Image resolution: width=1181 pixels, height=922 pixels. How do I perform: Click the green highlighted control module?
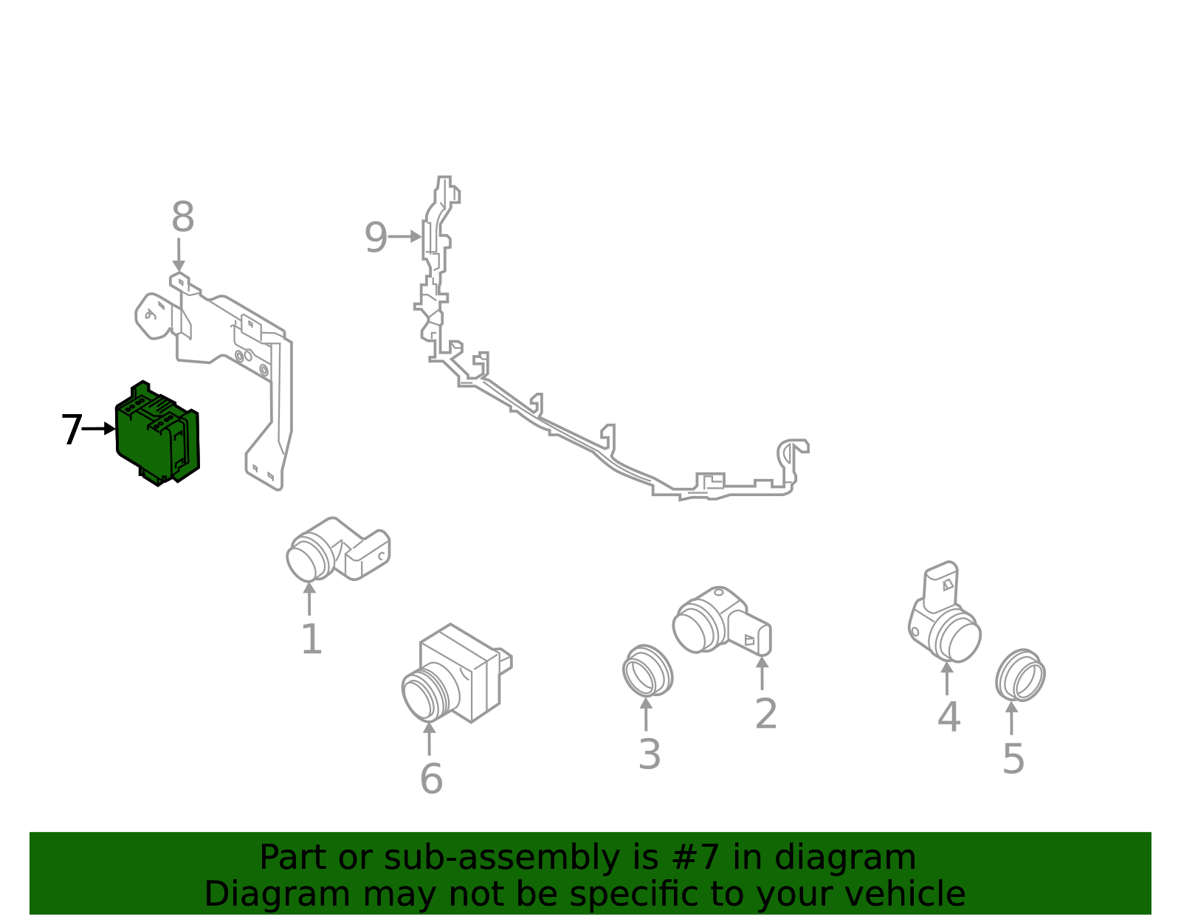click(x=156, y=434)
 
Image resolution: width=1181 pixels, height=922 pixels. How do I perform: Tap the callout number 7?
click(x=71, y=430)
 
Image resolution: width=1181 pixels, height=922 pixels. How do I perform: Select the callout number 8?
click(x=182, y=218)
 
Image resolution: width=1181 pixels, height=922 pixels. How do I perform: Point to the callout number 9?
click(x=376, y=238)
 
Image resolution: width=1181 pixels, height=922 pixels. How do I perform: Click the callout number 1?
click(x=311, y=639)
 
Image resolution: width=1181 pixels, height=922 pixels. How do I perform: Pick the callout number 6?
click(x=431, y=779)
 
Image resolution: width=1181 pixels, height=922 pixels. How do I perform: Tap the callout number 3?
click(x=650, y=754)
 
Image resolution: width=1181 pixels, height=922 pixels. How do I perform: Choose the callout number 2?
click(x=766, y=714)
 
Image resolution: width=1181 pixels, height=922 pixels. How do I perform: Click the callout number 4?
click(x=948, y=716)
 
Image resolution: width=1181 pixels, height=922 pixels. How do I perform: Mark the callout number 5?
click(x=1013, y=759)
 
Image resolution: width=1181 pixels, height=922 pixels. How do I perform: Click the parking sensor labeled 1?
click(x=336, y=550)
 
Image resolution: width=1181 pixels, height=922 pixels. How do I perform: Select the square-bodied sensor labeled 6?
click(x=454, y=673)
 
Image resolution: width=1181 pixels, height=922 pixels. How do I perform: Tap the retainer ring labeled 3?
click(x=647, y=670)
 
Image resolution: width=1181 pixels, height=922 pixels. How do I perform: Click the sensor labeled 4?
click(x=945, y=616)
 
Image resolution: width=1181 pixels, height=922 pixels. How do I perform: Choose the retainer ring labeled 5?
click(x=1020, y=675)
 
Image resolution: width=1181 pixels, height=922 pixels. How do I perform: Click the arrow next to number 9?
click(x=405, y=237)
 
